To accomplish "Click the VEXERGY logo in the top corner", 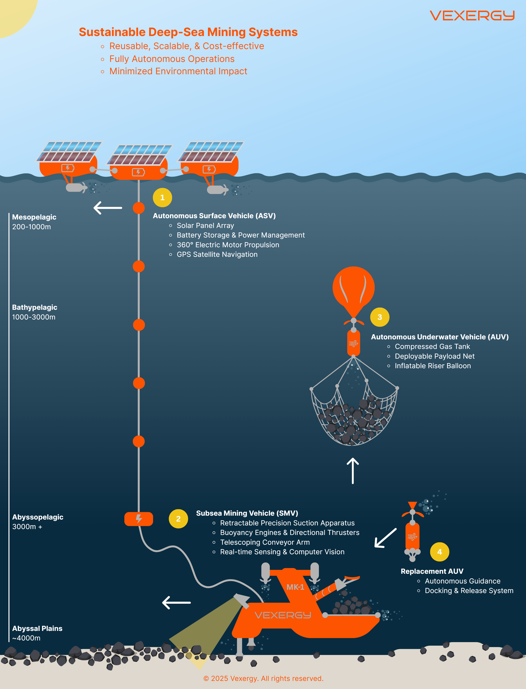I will [x=472, y=15].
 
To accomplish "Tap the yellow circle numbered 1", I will [x=162, y=198].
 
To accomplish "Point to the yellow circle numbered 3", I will [x=379, y=317].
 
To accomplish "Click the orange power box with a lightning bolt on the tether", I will [x=139, y=519].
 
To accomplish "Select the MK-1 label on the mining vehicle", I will [x=295, y=587].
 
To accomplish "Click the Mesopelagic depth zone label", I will [x=34, y=217].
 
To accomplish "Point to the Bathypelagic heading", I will [x=35, y=307].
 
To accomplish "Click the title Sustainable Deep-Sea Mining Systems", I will [x=188, y=32].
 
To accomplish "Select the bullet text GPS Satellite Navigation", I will [x=217, y=254].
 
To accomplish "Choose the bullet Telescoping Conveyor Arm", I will [x=265, y=542].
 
